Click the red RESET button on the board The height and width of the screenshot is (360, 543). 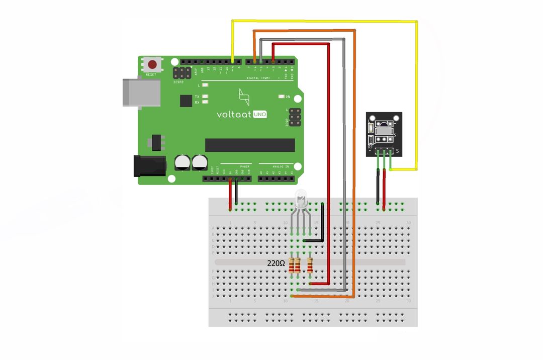(x=152, y=65)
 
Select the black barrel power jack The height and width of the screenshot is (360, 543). (x=149, y=166)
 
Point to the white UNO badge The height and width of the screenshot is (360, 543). (x=259, y=114)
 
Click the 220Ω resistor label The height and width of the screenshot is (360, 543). (x=276, y=263)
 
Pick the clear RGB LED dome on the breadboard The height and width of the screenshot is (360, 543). (x=302, y=199)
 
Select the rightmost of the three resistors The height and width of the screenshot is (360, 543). (x=310, y=264)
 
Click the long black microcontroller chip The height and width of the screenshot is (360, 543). (x=250, y=145)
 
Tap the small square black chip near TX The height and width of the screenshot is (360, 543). (x=186, y=101)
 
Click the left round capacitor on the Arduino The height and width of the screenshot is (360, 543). (x=182, y=162)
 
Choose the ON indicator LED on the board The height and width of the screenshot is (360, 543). (x=281, y=96)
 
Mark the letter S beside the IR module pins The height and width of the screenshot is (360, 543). (x=398, y=151)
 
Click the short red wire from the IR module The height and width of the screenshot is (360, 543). (x=384, y=189)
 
